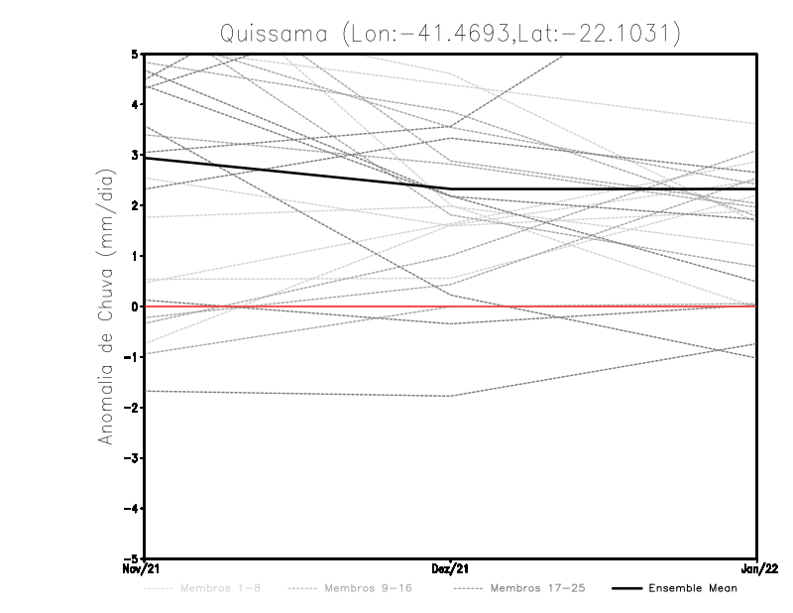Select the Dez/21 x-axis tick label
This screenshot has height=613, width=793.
[451, 568]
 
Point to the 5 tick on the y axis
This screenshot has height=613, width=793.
[134, 54]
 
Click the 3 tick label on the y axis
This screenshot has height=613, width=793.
[134, 155]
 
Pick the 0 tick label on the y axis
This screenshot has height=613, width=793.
[134, 306]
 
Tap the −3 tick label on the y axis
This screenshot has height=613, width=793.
[131, 458]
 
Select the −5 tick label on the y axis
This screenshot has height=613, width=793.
[131, 558]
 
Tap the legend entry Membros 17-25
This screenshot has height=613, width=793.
[540, 589]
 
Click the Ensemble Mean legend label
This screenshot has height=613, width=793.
[693, 589]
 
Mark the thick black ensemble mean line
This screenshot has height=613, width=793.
[297, 174]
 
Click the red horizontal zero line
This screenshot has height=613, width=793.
[595, 306]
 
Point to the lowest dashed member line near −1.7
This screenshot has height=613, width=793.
[297, 394]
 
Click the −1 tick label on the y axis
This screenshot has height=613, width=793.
[131, 357]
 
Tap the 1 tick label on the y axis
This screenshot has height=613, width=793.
[134, 256]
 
